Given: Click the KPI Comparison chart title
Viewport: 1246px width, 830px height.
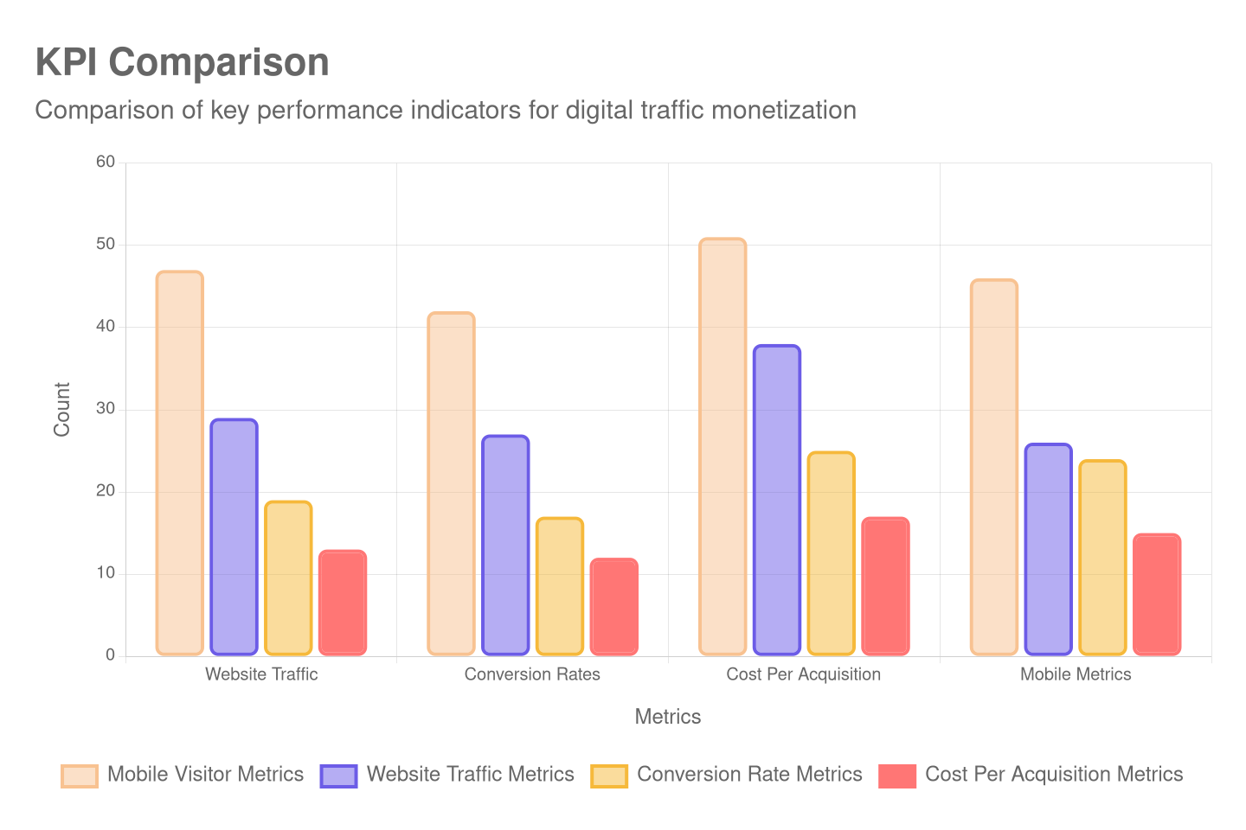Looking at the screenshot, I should coord(182,62).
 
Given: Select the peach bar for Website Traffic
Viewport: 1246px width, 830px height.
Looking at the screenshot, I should coord(180,463).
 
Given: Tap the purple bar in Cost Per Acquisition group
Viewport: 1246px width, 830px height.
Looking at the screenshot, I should coord(776,500).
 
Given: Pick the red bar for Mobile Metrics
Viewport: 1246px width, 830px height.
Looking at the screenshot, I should coord(1157,594).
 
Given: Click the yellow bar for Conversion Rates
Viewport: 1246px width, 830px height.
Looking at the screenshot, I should coord(559,585).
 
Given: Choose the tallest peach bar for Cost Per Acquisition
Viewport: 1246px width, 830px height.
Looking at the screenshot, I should coord(723,446).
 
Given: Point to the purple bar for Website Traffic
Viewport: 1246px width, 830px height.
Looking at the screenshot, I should coord(234,536).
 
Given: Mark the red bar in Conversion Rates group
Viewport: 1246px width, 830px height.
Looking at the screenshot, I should coord(613,606).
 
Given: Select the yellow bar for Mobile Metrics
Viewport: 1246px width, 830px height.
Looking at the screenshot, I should coord(1102,557).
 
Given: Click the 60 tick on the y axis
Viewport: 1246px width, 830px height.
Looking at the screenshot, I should coord(106,162).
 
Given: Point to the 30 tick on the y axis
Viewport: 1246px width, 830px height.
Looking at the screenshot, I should coord(106,408).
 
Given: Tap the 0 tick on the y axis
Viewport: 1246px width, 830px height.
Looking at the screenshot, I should coord(110,654).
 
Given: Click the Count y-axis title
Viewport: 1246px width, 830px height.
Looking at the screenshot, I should coord(61,409).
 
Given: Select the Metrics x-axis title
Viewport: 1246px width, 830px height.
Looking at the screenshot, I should coord(667,717).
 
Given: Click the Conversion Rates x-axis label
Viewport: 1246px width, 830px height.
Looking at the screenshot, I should coord(532,674).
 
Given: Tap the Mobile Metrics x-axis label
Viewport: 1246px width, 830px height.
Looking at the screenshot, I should coord(1076,674).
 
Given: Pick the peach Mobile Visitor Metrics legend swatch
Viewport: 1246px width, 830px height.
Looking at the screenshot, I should coord(80,776).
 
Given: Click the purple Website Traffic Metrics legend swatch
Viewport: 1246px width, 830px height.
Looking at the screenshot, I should coord(338,776).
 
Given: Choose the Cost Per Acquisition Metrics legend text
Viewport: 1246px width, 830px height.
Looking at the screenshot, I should coord(1053,774).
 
